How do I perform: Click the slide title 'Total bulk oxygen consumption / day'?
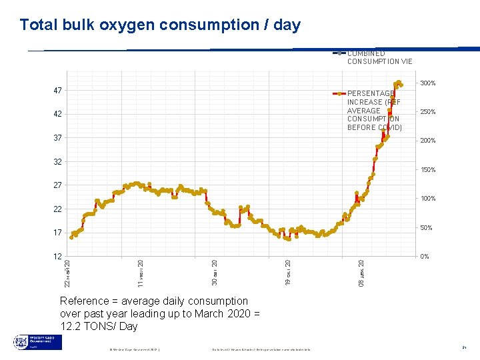click(x=160, y=25)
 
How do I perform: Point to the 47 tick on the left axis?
click(x=57, y=90)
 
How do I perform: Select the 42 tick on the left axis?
click(x=57, y=114)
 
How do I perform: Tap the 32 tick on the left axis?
click(x=57, y=161)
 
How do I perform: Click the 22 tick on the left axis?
click(x=57, y=209)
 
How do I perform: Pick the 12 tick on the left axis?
click(x=57, y=257)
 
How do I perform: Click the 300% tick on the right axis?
click(x=427, y=83)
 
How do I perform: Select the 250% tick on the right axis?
click(x=427, y=112)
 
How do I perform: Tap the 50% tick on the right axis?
click(x=426, y=228)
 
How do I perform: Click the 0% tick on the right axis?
click(x=424, y=257)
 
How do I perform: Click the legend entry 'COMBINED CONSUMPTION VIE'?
click(x=379, y=57)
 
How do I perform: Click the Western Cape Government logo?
click(x=37, y=343)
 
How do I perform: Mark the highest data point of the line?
click(x=398, y=83)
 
